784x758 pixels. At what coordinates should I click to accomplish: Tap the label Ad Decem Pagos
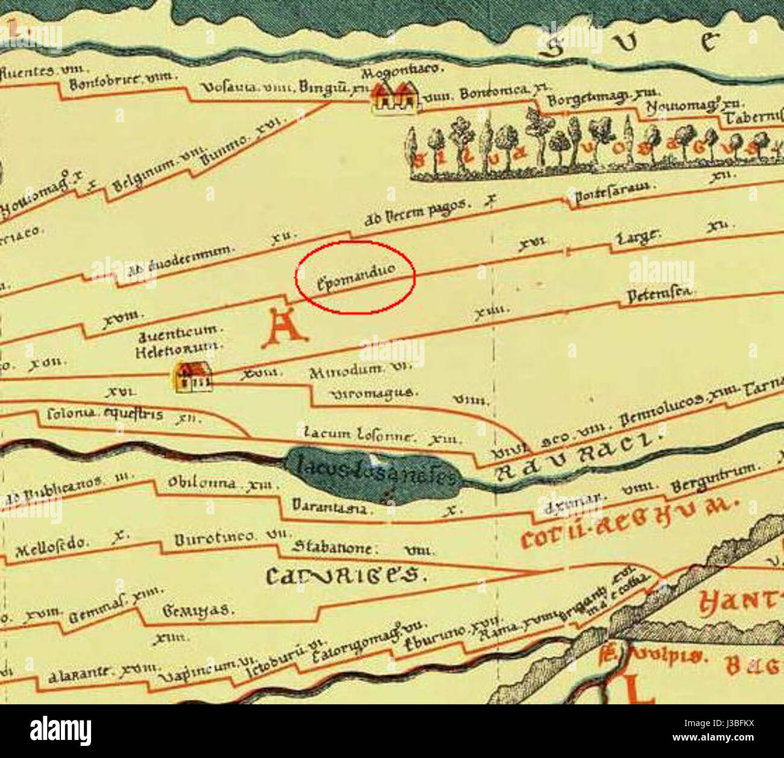pyautogui.click(x=416, y=213)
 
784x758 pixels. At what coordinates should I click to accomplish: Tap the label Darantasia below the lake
pyautogui.click(x=329, y=507)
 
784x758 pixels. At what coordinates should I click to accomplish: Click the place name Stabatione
pyautogui.click(x=331, y=548)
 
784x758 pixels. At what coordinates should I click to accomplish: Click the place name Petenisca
pyautogui.click(x=659, y=295)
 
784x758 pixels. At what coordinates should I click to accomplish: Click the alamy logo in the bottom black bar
pyautogui.click(x=60, y=731)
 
